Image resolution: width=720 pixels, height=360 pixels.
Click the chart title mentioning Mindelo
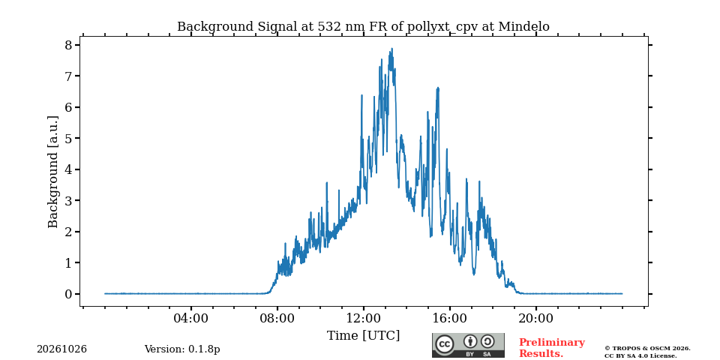tap(363, 27)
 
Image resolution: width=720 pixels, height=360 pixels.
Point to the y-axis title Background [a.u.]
tap(53, 172)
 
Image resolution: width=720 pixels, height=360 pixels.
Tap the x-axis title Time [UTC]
tap(363, 336)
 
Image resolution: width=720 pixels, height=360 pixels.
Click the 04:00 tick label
tap(191, 318)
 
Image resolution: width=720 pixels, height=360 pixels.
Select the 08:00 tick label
tap(277, 318)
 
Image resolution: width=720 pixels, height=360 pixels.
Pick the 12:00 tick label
tap(364, 318)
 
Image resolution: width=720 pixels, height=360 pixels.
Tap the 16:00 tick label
tap(449, 318)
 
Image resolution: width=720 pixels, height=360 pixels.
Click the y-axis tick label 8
tap(69, 45)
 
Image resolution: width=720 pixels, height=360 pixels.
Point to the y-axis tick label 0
tap(69, 294)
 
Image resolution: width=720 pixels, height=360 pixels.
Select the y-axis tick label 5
tap(69, 138)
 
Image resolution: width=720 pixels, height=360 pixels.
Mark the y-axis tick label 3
tap(69, 201)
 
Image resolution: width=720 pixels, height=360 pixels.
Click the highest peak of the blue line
tap(391, 48)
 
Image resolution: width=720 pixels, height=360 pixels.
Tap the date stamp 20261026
tap(62, 349)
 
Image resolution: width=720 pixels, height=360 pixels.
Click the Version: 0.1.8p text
tap(182, 349)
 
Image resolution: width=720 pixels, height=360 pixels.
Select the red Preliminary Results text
tap(552, 348)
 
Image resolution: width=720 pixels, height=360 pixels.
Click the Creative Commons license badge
tap(468, 345)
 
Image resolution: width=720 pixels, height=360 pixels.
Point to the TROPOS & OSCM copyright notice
tap(647, 352)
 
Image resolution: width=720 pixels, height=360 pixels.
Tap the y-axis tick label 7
tap(69, 76)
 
